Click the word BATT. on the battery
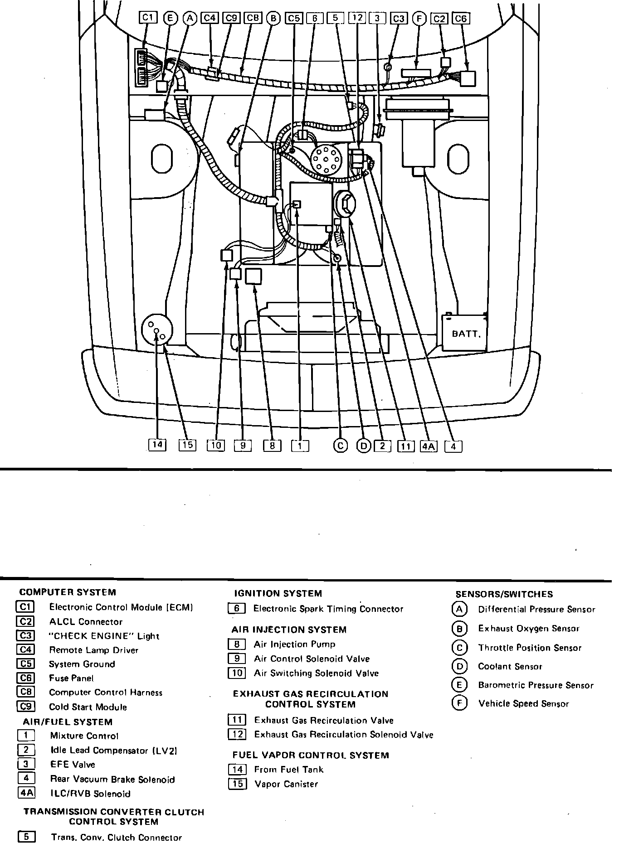[x=466, y=334]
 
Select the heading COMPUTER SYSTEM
[x=68, y=592]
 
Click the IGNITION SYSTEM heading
[x=278, y=593]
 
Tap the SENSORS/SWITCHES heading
[x=504, y=594]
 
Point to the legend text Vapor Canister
[x=286, y=784]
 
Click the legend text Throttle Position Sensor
[x=529, y=648]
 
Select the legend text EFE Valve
[x=73, y=765]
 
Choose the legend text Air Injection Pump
[x=294, y=644]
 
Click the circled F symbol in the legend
[x=459, y=703]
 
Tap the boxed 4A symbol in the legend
[x=26, y=793]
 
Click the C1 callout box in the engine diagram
[x=147, y=18]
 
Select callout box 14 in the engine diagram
[x=157, y=445]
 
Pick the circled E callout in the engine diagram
[x=170, y=18]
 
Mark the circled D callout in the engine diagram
[x=364, y=446]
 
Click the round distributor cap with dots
[x=327, y=160]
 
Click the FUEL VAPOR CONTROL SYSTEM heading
[x=310, y=755]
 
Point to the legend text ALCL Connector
[x=86, y=622]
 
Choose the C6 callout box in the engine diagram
[x=461, y=18]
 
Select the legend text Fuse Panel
[x=71, y=678]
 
